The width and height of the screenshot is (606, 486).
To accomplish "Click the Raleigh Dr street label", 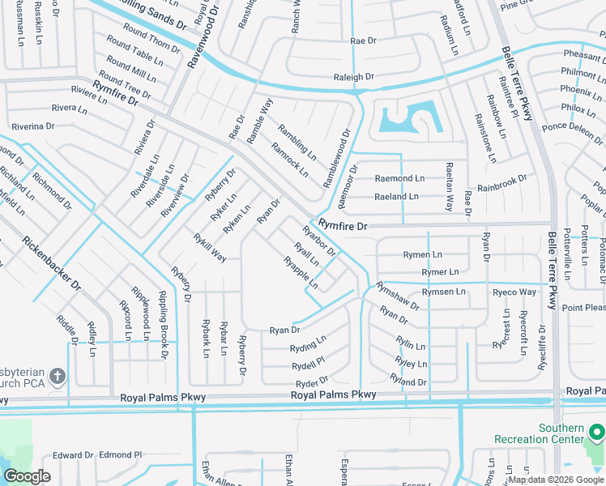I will coord(354,77).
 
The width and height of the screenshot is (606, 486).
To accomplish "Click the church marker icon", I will coord(57,376).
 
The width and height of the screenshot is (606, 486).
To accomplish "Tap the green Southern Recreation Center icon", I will coord(595,440).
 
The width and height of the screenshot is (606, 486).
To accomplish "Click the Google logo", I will coord(27,476).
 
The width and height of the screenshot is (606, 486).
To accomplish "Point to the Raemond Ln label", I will coord(399,178).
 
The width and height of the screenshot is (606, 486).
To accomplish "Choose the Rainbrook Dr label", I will coord(501,183).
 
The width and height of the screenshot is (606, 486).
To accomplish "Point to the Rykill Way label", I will coord(210,247).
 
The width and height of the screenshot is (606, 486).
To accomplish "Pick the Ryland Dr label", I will coord(408,381).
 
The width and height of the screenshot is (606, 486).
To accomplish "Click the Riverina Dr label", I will coord(32,126).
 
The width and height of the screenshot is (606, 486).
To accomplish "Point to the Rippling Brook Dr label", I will coord(163,335).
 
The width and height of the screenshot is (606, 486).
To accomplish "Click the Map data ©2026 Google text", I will coord(556,480).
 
